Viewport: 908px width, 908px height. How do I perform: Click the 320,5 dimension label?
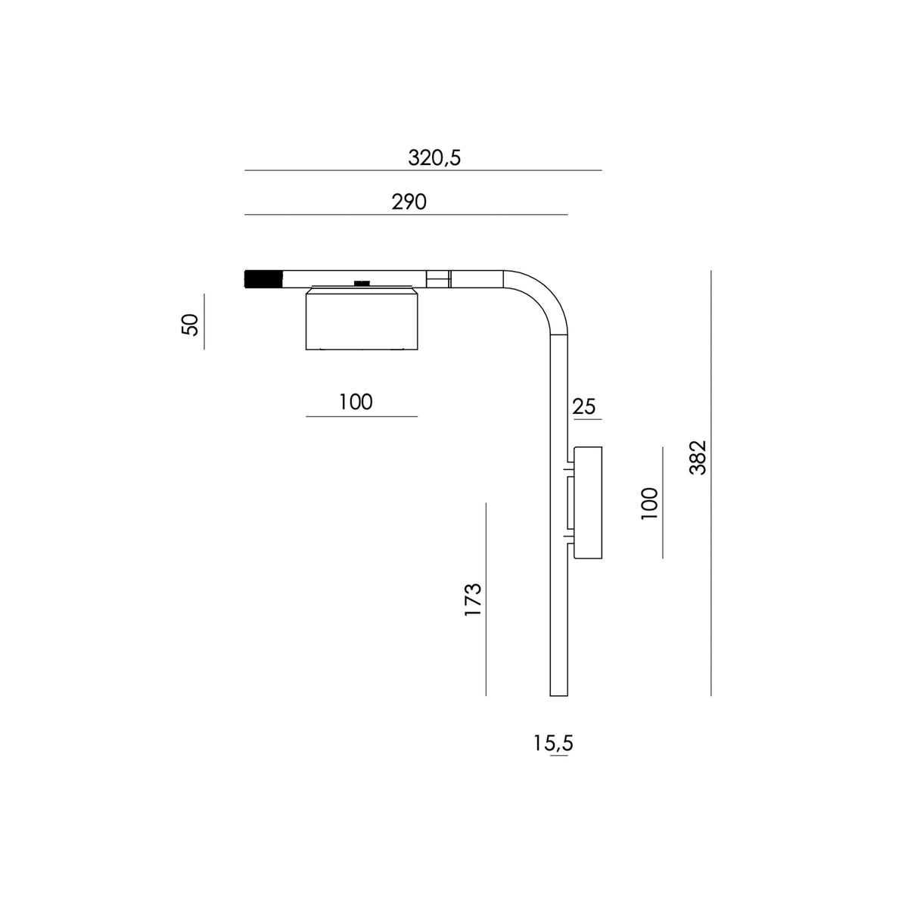pos(434,158)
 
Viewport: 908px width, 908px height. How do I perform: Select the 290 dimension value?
pos(409,202)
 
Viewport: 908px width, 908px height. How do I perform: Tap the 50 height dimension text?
pos(190,324)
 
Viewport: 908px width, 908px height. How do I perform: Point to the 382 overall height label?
pos(698,458)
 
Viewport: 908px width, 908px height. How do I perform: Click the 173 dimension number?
pos(473,599)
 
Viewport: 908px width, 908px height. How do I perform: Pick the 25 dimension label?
pos(584,406)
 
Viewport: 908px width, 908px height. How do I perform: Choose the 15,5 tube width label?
pos(553,744)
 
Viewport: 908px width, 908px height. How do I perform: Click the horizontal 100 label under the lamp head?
pos(356,402)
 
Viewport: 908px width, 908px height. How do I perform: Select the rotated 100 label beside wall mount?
pos(649,504)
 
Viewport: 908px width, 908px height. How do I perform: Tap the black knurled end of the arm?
pos(263,279)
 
